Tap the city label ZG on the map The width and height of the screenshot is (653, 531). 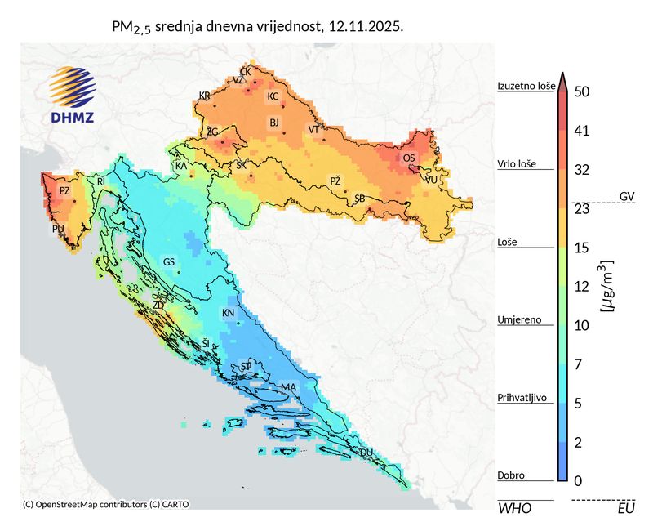coord(212,132)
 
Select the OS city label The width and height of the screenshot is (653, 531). coord(409,158)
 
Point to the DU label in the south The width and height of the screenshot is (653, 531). coord(366,452)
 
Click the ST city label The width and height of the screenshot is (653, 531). coord(246,367)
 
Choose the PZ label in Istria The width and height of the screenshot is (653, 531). coord(64,190)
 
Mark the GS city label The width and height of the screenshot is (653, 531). coord(169,262)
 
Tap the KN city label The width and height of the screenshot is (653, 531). coord(228,314)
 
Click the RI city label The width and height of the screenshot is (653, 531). coord(101,181)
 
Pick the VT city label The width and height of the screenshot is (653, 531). coord(313,129)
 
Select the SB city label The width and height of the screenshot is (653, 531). coord(359,199)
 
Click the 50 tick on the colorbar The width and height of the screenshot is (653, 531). coord(582,92)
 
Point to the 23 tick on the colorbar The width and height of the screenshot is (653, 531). coord(582,208)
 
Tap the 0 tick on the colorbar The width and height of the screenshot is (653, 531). coord(578,480)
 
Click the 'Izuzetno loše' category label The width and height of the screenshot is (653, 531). coord(526,85)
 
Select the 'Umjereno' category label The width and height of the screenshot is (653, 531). coord(518,320)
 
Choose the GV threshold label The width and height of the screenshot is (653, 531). coord(627,196)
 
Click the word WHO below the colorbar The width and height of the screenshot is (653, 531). coord(514,508)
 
